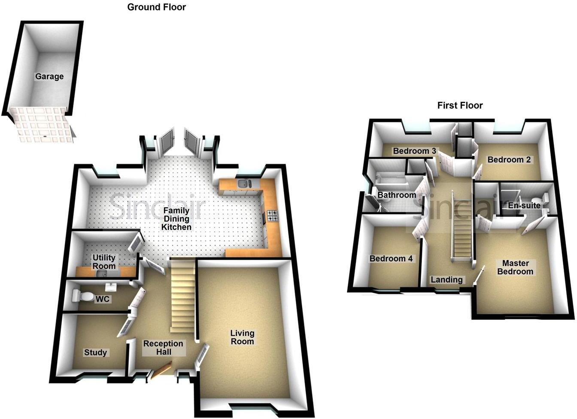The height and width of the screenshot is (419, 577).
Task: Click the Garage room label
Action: pos(49,76)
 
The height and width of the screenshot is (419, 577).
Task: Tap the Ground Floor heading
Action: pos(157,7)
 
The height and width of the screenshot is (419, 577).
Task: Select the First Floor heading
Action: pos(460,105)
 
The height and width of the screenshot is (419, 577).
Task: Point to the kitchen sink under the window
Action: pos(243,184)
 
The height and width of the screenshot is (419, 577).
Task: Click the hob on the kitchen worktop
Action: pos(272,216)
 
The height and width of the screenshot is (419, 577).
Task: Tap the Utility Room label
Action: pos(104,261)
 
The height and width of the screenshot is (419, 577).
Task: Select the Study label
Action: pos(95,352)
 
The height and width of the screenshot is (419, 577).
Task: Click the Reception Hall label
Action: pos(163,348)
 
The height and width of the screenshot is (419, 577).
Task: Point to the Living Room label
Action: pos(242,337)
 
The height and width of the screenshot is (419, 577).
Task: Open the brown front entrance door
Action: pos(162,370)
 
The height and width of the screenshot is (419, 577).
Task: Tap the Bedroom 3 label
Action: pos(414,151)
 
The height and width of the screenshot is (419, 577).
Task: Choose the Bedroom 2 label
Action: pos(509,160)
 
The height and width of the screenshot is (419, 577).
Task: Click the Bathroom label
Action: pos(396,195)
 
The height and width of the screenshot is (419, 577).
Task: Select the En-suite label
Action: pos(524,205)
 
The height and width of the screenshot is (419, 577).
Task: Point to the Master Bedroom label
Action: pos(515,267)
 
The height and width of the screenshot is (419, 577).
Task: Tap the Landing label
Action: pos(446,279)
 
